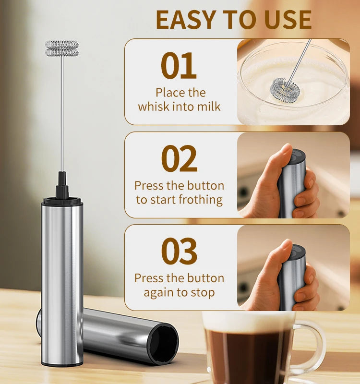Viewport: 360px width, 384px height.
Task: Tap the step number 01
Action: point(179,66)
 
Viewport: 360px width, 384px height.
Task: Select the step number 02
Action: point(179,159)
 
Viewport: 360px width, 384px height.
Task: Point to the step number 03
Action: point(179,252)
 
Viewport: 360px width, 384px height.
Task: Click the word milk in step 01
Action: point(208,107)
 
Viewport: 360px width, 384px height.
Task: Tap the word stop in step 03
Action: point(203,292)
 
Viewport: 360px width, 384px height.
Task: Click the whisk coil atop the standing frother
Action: point(62,48)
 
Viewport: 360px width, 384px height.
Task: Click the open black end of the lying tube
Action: point(163,343)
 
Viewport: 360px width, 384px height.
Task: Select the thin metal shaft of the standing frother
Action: point(62,115)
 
